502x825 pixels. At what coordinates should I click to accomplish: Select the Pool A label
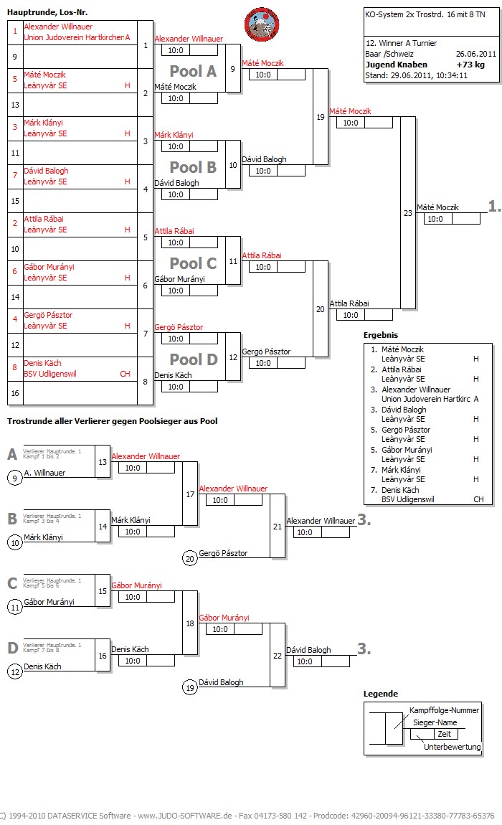coord(192,71)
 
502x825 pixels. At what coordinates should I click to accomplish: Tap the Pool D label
coord(192,359)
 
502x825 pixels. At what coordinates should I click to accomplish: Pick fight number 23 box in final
coord(407,212)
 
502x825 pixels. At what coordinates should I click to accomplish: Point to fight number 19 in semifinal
coord(320,116)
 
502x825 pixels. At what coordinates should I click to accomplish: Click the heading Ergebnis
coord(381,335)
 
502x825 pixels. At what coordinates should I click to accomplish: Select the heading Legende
coord(380,694)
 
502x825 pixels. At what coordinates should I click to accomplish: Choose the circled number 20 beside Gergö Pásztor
coord(190,558)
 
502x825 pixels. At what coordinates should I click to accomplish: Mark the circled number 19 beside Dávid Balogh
coord(190,687)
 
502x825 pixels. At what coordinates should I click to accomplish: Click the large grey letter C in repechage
coord(12,583)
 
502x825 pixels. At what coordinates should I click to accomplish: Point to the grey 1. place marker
coord(494,206)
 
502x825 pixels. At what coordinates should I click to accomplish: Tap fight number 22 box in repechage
coord(278,654)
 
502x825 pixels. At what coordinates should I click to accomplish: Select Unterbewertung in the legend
coord(452,747)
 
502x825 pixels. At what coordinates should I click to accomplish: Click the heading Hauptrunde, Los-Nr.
coord(47,12)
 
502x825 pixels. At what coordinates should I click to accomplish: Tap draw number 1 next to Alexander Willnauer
coord(14,31)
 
